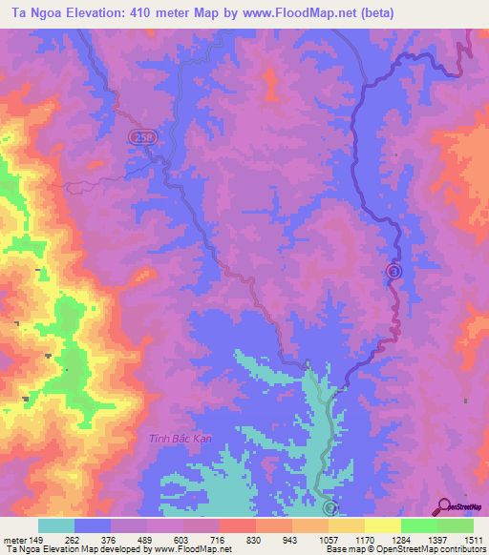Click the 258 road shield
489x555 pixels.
(x=141, y=138)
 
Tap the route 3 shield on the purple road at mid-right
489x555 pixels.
(x=393, y=272)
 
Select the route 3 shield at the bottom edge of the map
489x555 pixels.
(x=330, y=509)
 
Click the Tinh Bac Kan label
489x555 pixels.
(x=179, y=438)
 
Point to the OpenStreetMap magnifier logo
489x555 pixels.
(x=445, y=506)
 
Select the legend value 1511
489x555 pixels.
(x=471, y=539)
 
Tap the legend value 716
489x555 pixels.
(x=218, y=539)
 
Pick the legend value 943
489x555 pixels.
(x=290, y=539)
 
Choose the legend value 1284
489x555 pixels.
(x=398, y=539)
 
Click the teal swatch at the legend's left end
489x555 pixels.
(x=56, y=525)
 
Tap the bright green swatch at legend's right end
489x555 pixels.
(x=455, y=525)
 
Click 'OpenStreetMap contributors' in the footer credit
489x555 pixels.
(x=426, y=549)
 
